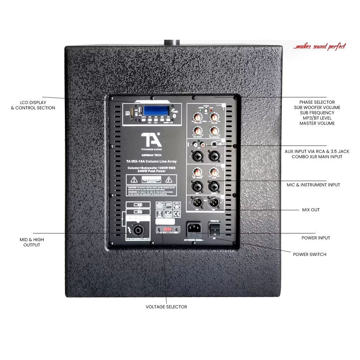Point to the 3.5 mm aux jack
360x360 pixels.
[213, 144]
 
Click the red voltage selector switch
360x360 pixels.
[168, 230]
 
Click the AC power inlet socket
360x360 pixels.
[194, 229]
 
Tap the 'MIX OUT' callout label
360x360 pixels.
[311, 210]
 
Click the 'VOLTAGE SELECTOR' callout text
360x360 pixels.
[166, 307]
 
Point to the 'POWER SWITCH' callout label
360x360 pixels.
[309, 255]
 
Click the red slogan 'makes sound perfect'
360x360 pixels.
[320, 46]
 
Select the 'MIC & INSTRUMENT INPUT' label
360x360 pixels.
[313, 185]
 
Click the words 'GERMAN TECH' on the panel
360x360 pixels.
[151, 155]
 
